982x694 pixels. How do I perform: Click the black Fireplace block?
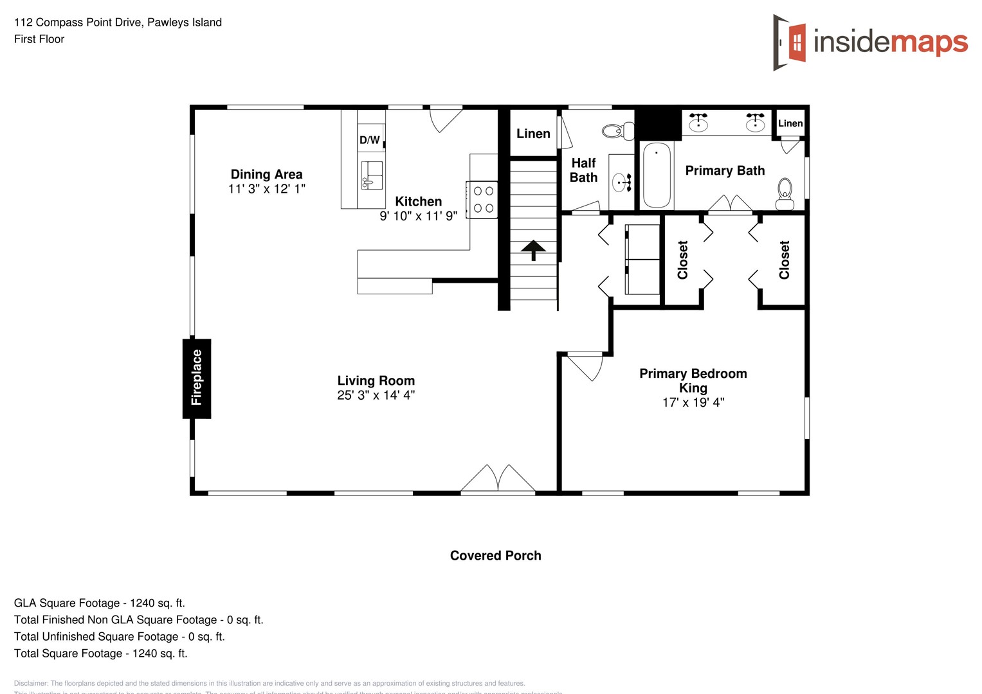tap(197, 378)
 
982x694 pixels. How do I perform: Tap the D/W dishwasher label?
tap(369, 140)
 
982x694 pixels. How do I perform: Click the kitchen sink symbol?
tap(372, 175)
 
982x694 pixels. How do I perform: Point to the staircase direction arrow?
tap(533, 249)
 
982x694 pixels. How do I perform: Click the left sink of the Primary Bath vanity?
tap(698, 121)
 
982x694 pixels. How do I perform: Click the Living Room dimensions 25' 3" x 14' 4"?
tap(376, 395)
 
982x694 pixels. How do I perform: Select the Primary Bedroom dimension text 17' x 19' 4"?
tap(693, 402)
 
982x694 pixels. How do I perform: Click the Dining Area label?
tap(266, 174)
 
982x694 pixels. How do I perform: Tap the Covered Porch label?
tap(495, 556)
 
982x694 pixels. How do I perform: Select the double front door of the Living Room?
tap(498, 479)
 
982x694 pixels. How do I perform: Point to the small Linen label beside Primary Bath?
tap(790, 123)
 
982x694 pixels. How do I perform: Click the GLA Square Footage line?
tap(100, 603)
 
